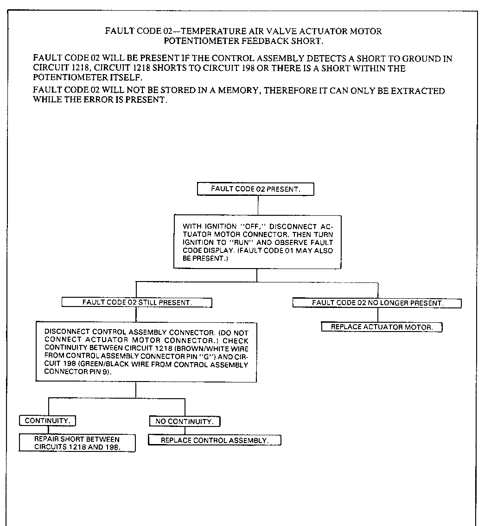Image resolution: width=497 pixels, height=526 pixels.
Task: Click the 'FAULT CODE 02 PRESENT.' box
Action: point(255,189)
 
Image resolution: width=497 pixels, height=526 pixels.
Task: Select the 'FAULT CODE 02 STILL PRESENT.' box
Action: point(137,302)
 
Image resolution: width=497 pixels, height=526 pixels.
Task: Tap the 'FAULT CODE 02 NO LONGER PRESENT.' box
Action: point(377,303)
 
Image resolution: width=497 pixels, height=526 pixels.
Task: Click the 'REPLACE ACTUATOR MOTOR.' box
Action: point(382,327)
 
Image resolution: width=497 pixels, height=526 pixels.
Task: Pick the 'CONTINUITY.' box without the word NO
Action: point(47,421)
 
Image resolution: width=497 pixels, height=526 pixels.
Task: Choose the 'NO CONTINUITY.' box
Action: point(185,421)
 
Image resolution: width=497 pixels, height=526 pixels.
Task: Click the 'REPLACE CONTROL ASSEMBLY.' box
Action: point(214,440)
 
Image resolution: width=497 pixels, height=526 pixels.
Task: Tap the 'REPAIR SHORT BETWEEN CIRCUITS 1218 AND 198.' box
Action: point(77,443)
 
